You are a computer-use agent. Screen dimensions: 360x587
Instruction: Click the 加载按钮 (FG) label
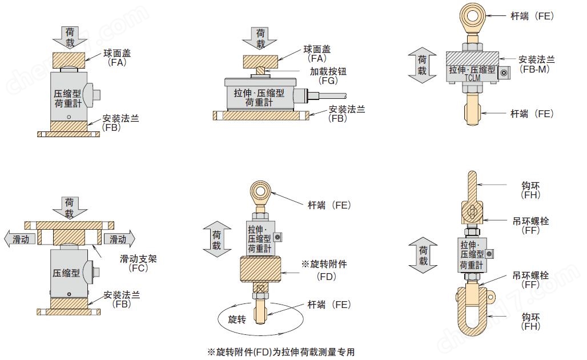coord(328,76)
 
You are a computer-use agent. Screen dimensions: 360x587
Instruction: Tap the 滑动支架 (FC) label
coord(138,263)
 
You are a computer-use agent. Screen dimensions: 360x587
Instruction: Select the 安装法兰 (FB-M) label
coord(536,63)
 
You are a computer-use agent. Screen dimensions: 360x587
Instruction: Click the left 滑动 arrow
coord(21,239)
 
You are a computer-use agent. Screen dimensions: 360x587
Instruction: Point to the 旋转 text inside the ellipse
coord(236,319)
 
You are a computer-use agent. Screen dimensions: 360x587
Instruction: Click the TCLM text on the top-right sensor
coord(472,78)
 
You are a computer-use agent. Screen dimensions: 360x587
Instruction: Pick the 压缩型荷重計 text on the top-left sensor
coord(67,98)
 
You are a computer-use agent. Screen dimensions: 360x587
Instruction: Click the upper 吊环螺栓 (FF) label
coord(531,226)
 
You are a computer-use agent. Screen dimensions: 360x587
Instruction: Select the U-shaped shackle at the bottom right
coord(474,313)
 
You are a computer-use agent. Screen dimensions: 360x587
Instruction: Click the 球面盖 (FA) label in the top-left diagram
coord(116,57)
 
